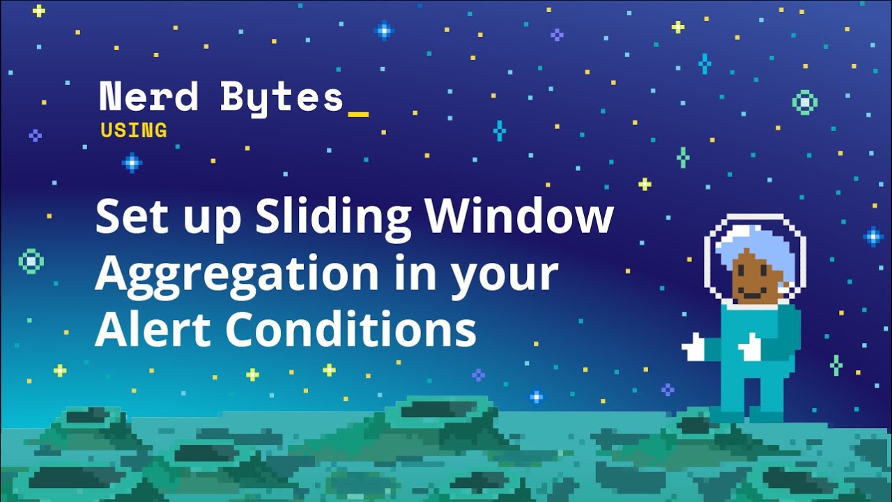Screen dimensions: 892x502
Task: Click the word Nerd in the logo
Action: tap(148, 96)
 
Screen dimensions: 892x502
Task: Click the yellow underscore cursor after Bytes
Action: tap(358, 115)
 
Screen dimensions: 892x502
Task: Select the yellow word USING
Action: tap(134, 130)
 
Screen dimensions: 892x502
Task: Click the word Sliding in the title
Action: tap(333, 218)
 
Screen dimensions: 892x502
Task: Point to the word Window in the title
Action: tap(519, 215)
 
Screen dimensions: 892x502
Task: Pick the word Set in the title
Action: tap(132, 216)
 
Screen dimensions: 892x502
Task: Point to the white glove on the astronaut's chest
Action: tap(749, 347)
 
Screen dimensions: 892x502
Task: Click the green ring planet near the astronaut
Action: tap(805, 102)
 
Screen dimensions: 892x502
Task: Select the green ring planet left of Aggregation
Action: tap(31, 261)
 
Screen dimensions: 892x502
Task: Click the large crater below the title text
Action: tap(439, 411)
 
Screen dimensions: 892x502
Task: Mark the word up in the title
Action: tap(213, 223)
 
